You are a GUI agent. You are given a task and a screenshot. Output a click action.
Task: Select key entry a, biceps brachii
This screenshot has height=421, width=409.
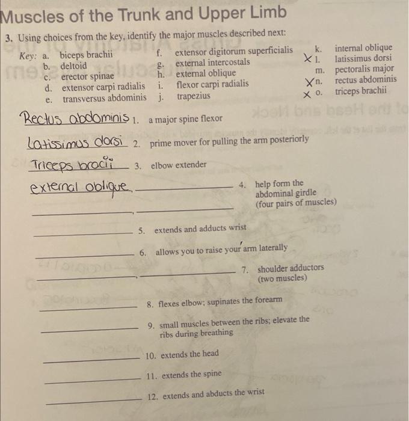coord(86,55)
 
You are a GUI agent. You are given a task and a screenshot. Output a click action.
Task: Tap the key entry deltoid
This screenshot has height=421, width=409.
coord(73,66)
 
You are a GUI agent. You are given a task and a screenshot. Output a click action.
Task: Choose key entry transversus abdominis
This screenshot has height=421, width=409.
coord(104,97)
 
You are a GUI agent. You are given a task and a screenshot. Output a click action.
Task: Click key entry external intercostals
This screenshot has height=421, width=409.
coord(212,62)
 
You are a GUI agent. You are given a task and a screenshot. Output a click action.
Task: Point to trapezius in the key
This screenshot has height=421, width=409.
coord(193,96)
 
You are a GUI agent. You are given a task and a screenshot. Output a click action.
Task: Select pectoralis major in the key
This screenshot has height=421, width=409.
coord(364,69)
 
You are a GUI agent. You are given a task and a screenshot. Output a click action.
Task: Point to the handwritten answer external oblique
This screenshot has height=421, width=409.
coord(81,188)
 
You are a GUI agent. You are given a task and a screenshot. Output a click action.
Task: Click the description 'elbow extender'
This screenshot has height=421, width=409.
coord(179,165)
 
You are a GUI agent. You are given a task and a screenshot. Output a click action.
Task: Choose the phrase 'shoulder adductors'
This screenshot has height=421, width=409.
coord(291,268)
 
